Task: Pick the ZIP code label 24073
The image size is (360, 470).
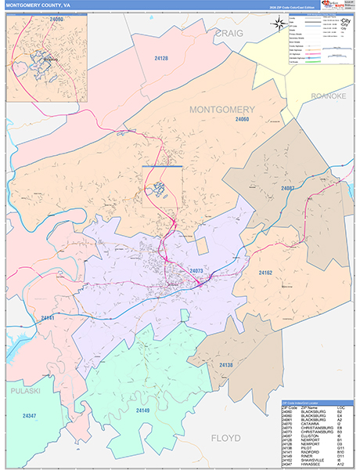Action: [x=196, y=270]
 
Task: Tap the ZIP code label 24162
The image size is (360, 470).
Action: [x=265, y=273]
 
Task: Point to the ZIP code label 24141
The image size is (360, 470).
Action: [x=49, y=318]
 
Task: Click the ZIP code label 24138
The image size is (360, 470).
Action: [x=225, y=365]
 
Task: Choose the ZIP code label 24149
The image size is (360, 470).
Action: [x=142, y=410]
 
